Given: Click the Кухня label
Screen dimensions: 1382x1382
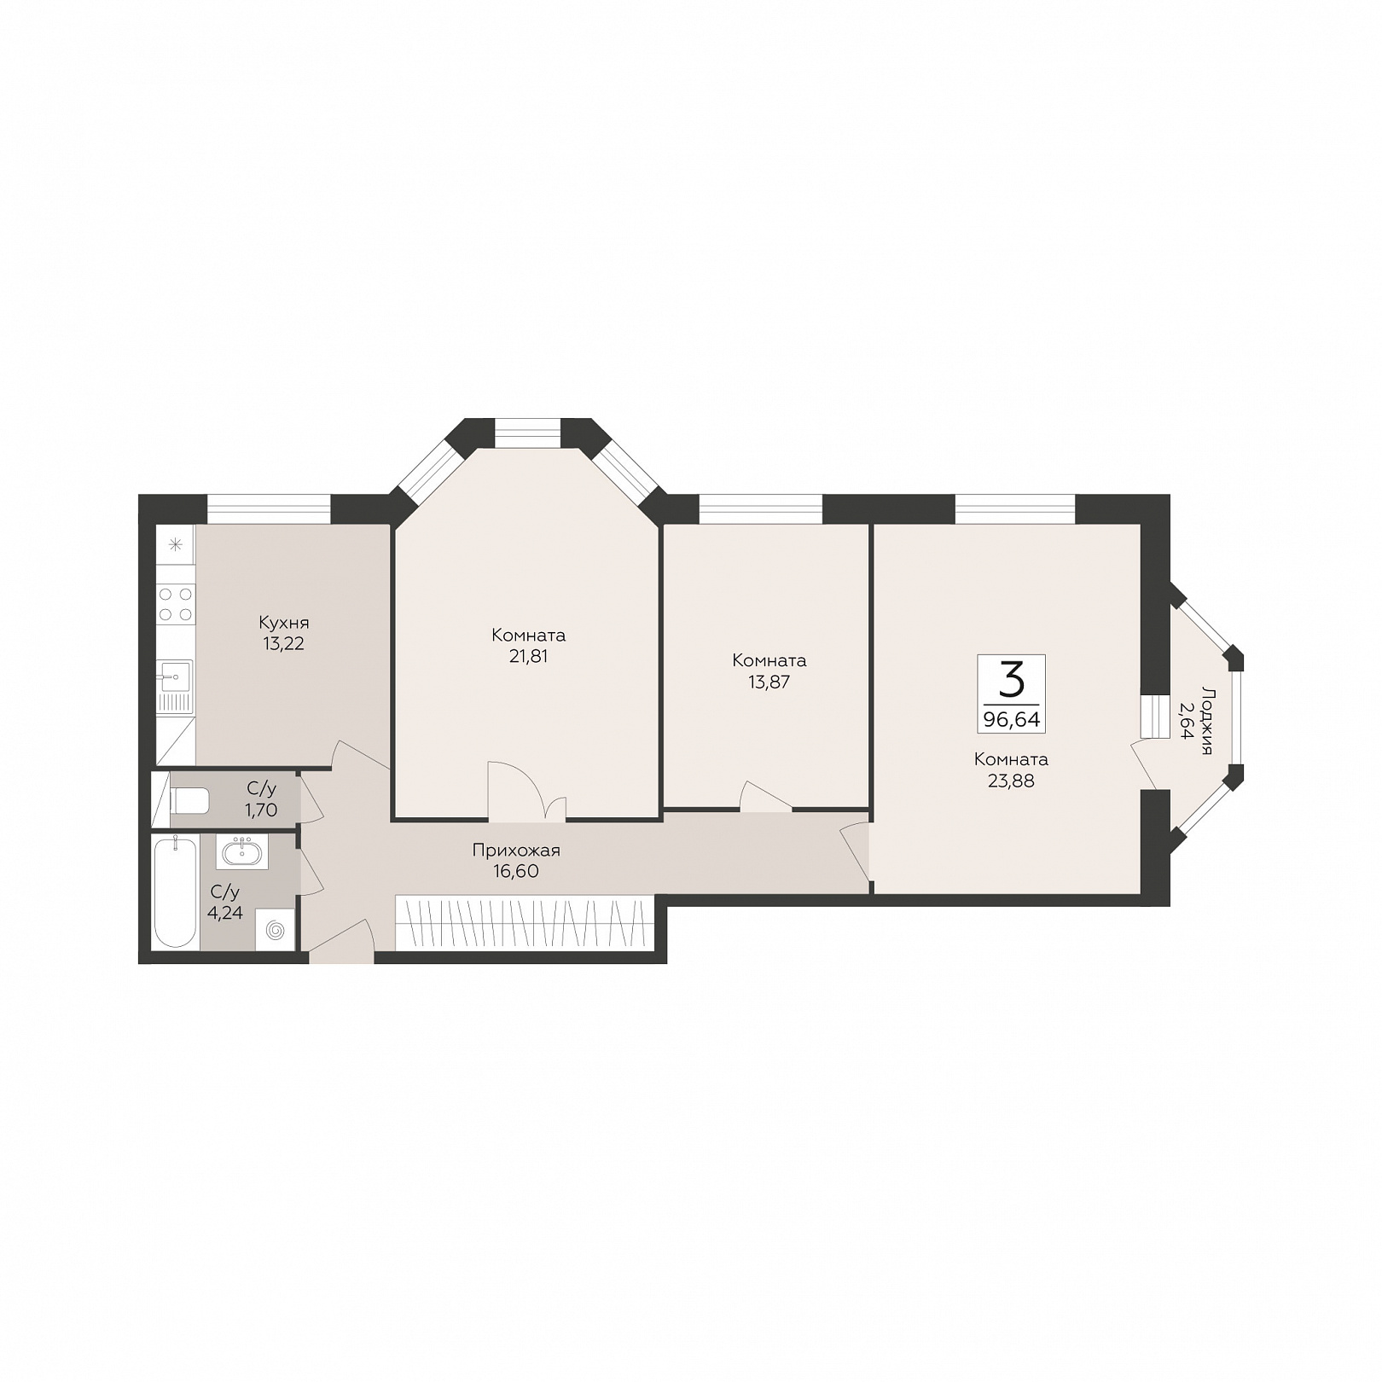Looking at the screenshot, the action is (x=283, y=623).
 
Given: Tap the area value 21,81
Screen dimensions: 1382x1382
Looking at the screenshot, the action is (x=528, y=657).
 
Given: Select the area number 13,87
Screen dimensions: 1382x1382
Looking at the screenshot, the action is (x=769, y=682).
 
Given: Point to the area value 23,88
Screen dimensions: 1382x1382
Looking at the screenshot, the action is (x=1011, y=781).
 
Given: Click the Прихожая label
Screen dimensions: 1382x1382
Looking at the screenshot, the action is (x=516, y=851).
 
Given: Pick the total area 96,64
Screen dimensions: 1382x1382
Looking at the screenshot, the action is (x=1011, y=720).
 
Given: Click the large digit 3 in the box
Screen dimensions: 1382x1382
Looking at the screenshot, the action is (x=1011, y=680).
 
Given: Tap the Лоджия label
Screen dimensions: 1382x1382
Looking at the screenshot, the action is (x=1205, y=720).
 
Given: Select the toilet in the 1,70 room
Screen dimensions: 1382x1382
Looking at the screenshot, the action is (x=189, y=801).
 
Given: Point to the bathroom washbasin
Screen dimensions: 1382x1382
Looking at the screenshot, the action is (x=242, y=851).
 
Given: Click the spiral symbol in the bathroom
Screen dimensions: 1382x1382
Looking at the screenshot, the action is (x=276, y=930).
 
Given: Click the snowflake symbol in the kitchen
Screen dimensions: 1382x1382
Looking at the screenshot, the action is (x=176, y=544).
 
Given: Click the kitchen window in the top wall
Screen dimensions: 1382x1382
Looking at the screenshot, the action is (x=269, y=509).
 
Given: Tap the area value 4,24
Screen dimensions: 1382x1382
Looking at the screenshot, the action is (x=226, y=913).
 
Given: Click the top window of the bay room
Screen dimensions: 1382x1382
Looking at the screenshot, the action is (x=527, y=433).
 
